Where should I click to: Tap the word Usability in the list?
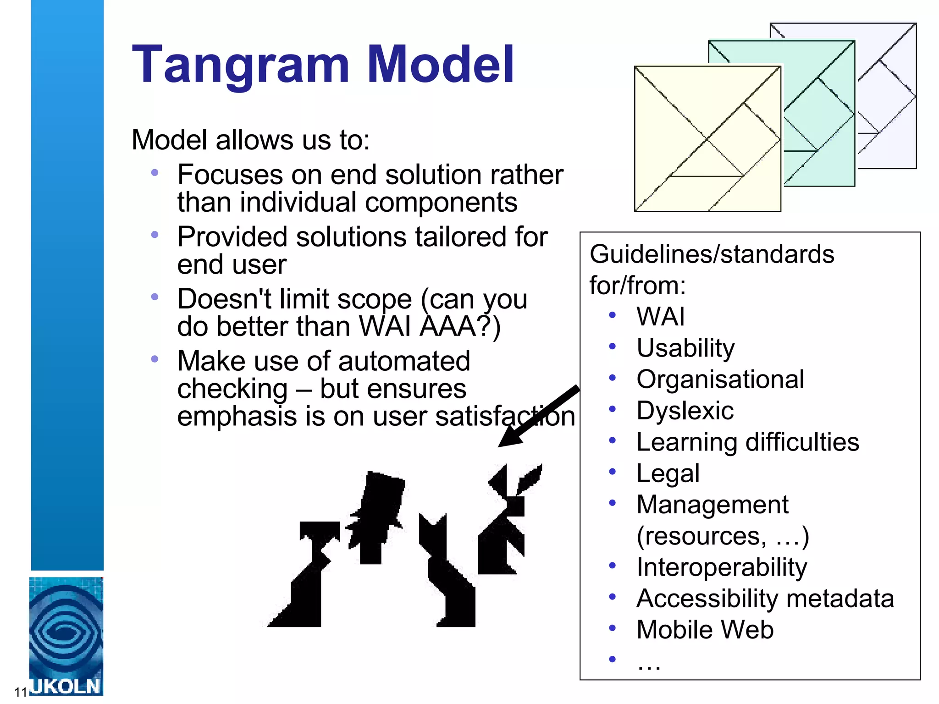coord(685,348)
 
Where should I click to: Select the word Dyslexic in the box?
coord(685,411)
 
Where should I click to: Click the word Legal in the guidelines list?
coord(668,473)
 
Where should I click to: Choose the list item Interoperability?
coord(722,567)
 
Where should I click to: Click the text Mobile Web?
coord(705,630)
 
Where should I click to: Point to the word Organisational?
coord(720,379)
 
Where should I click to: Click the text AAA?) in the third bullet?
coord(460,327)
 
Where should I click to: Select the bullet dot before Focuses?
coord(155,173)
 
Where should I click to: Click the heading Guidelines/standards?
coord(712,254)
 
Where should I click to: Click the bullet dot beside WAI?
coord(612,315)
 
